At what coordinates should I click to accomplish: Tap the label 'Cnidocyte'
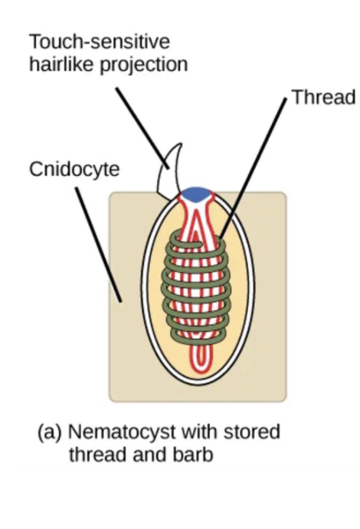click(x=74, y=169)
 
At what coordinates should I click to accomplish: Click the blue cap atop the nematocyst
click(x=198, y=194)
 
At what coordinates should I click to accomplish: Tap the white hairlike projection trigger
click(x=170, y=170)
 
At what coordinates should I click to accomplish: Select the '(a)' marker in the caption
click(x=50, y=432)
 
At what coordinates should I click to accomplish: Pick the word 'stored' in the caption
click(x=252, y=432)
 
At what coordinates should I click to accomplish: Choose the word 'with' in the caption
click(x=201, y=432)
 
